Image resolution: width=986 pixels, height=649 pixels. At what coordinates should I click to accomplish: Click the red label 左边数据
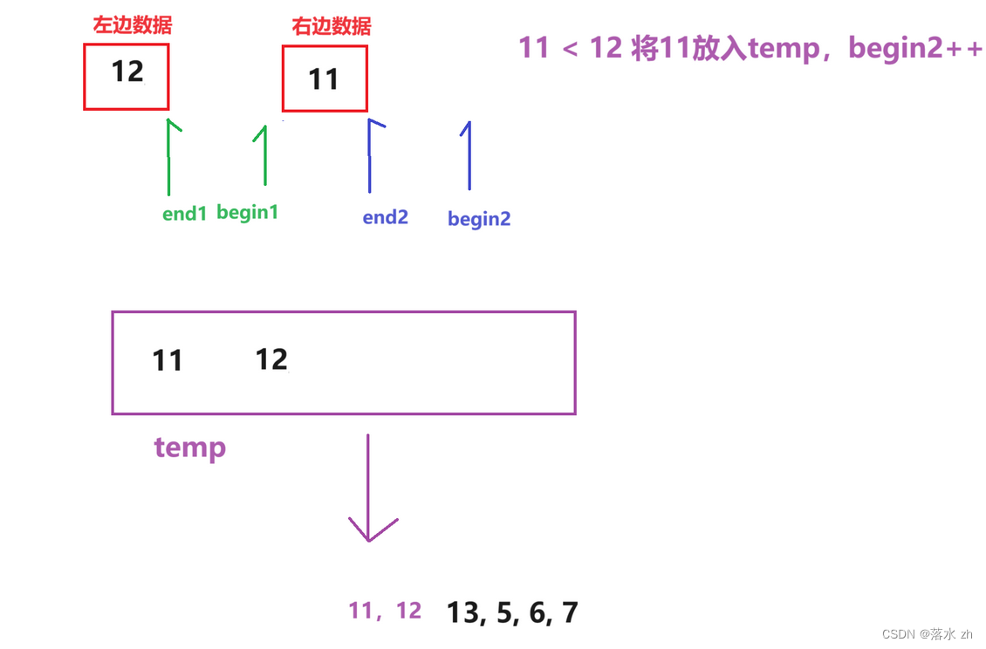(x=133, y=24)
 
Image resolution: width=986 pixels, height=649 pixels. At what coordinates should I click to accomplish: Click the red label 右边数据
(x=332, y=26)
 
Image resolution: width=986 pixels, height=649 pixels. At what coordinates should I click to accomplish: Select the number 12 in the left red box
(x=127, y=71)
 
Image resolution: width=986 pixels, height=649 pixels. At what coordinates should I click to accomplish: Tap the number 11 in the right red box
(x=324, y=79)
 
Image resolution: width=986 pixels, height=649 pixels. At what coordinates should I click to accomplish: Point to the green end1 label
(x=184, y=214)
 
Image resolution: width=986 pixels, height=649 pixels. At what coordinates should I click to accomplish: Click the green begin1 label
(x=247, y=212)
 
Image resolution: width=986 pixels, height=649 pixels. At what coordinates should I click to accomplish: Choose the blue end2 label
(x=386, y=217)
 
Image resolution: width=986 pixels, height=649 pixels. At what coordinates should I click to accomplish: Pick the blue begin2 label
(x=479, y=219)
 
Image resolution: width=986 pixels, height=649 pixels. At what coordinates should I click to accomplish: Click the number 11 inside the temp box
(x=168, y=359)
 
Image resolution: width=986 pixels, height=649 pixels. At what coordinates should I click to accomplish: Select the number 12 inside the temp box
(x=271, y=359)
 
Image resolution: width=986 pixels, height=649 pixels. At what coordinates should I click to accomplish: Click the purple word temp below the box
(x=190, y=447)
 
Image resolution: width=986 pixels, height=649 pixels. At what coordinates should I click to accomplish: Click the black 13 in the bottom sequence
(x=466, y=612)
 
